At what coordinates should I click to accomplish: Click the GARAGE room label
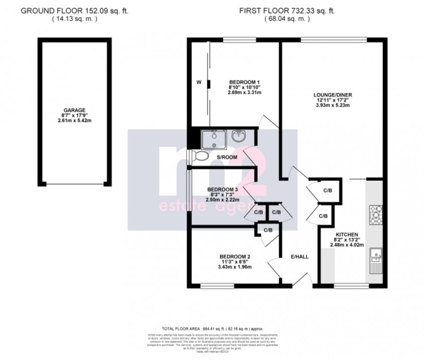tap(74, 109)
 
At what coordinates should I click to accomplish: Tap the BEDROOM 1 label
tap(245, 82)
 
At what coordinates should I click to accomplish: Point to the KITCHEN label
tap(346, 234)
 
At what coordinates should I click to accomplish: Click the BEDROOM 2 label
tap(235, 257)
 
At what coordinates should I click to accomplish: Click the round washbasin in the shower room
tap(238, 136)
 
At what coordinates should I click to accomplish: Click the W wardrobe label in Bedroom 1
tap(198, 83)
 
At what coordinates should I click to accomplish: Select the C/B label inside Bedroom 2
tap(268, 230)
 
